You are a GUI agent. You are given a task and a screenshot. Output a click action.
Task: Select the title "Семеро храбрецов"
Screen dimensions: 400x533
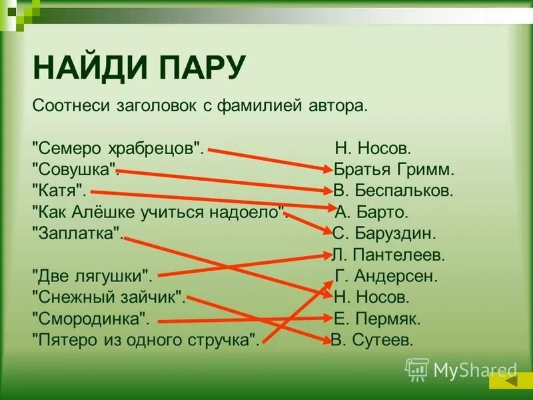coord(117,148)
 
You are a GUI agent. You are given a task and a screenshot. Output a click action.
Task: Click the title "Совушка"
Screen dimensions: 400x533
coord(75,169)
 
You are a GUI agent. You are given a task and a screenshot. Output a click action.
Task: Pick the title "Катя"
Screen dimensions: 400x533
coord(59,190)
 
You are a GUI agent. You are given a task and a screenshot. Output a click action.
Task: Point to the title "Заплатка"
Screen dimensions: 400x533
coord(77,233)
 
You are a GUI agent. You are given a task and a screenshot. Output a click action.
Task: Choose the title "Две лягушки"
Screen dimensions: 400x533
coord(93,275)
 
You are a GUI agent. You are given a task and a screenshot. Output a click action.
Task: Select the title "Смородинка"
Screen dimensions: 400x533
coord(91,318)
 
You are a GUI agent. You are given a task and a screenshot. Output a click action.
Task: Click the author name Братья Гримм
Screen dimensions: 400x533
coord(394,169)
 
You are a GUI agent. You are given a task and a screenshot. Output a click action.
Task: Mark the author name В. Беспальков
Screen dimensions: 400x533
coord(393,190)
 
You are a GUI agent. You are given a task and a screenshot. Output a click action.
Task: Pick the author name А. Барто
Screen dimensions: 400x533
coord(372,212)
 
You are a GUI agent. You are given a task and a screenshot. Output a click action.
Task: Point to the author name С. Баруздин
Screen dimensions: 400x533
coord(384,233)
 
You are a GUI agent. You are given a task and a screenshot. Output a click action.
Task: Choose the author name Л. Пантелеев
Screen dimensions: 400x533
coord(388,254)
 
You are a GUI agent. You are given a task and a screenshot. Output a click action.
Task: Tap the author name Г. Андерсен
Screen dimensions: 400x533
coord(386,275)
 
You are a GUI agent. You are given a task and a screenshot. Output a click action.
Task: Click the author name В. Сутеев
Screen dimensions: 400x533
coord(373,339)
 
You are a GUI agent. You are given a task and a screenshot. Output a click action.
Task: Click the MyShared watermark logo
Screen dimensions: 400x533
coord(461,369)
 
